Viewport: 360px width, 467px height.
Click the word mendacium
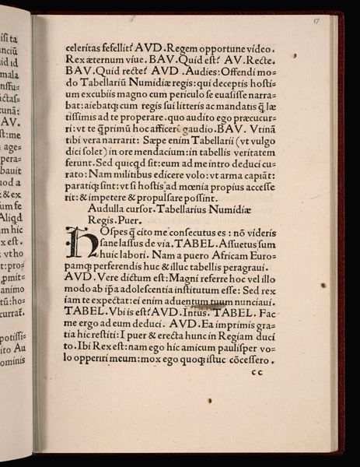177,153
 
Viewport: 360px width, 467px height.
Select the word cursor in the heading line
145,209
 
